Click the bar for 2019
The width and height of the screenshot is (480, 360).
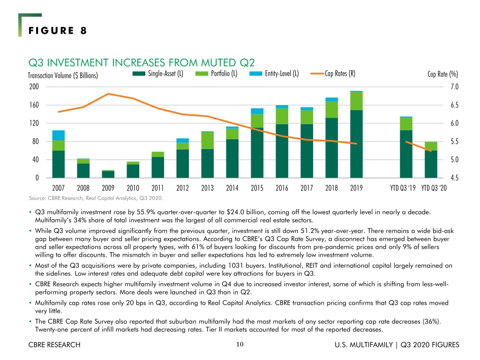tap(356, 135)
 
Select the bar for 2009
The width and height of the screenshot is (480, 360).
tap(108, 174)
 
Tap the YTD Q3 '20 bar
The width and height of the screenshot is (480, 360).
tap(431, 160)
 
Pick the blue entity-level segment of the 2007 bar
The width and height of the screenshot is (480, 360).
tap(59, 135)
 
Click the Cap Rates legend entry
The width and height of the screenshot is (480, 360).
tap(333, 74)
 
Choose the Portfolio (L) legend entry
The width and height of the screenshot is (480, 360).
tap(217, 74)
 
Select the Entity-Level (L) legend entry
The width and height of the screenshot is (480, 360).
tap(274, 74)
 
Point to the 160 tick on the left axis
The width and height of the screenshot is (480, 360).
tap(34, 105)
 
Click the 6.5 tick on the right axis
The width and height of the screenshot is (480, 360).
tap(455, 105)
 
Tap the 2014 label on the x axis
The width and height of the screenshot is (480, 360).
tap(232, 188)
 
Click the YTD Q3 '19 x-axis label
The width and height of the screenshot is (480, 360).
tap(403, 188)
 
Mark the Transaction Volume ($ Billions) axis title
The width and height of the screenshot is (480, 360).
tap(63, 75)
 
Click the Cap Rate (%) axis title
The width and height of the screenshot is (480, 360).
tap(442, 74)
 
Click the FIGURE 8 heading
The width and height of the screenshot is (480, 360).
tap(58, 30)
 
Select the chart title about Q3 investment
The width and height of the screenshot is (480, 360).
tap(142, 63)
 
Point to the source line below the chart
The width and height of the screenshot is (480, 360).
tap(96, 198)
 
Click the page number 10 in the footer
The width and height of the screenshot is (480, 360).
tap(240, 345)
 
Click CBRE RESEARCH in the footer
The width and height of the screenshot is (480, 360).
tap(54, 345)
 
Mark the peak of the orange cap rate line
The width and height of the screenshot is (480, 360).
tap(108, 94)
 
